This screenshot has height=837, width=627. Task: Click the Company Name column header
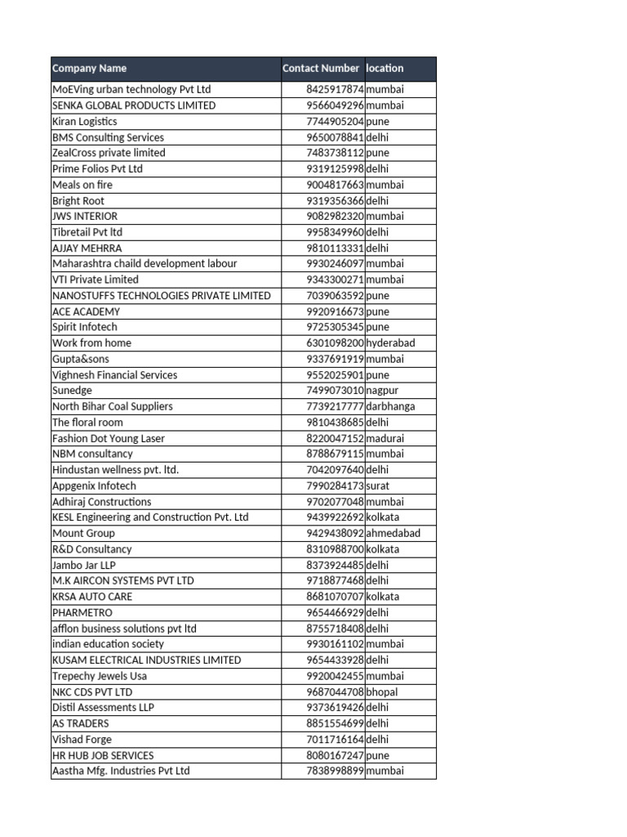90,69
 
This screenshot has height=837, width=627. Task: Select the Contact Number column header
321,69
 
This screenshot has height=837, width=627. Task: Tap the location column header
385,69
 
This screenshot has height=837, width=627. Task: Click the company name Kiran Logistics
85,121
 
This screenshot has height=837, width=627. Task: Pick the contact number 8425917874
335,89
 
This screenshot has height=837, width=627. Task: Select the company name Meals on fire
82,185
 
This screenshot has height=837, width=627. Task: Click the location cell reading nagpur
382,391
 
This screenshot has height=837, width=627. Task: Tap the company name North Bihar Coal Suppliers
113,406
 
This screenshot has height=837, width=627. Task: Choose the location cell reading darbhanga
390,406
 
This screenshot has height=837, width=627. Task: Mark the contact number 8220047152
335,438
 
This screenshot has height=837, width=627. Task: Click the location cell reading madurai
385,438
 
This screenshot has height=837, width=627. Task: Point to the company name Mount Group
83,533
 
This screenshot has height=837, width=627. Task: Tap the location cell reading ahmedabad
394,533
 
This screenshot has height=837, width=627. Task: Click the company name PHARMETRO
82,612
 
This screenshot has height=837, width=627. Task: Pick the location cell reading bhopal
382,692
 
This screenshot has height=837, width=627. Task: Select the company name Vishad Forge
81,739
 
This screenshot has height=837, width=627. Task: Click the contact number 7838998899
335,771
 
